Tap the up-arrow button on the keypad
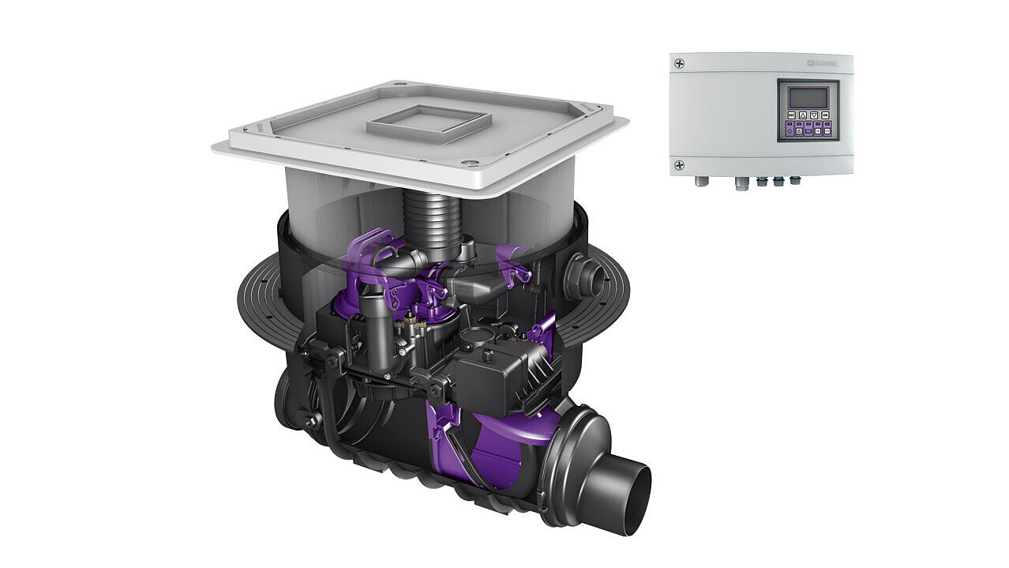[803, 116]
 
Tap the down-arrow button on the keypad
[814, 116]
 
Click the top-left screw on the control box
[679, 63]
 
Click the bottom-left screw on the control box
[679, 165]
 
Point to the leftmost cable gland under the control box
[700, 182]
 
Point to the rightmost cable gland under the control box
[794, 181]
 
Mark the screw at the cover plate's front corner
[471, 164]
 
